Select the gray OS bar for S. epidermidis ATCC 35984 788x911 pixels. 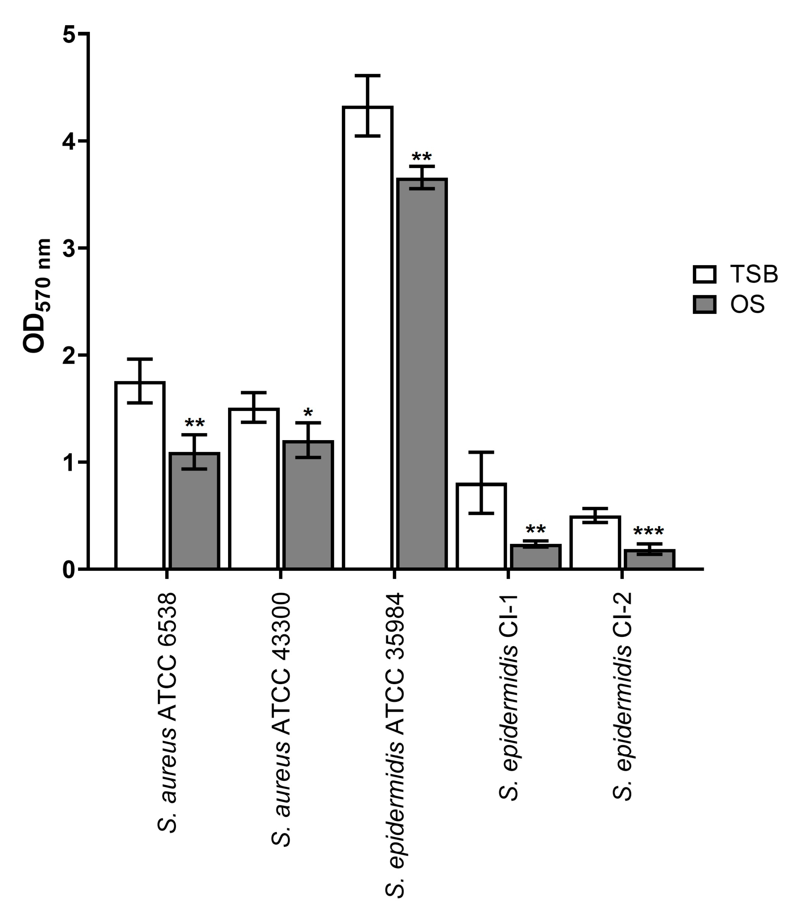click(x=422, y=374)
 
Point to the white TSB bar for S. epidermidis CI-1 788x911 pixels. click(x=482, y=528)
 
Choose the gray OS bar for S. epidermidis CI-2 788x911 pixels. click(x=649, y=559)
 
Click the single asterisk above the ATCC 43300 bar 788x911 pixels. click(x=308, y=413)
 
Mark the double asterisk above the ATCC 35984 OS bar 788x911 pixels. click(x=422, y=157)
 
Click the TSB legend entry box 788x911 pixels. click(x=704, y=274)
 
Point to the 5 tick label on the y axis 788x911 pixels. click(x=69, y=34)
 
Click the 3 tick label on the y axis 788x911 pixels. click(x=69, y=249)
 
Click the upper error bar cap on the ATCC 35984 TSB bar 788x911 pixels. click(x=368, y=76)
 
